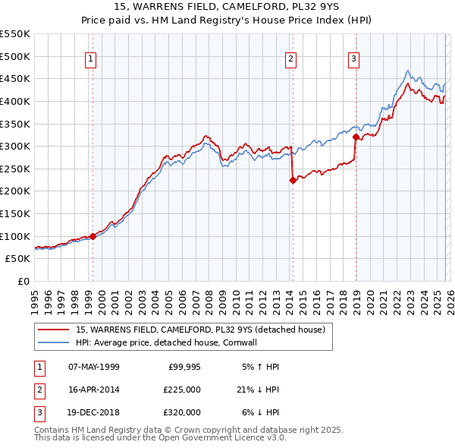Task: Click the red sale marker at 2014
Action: point(293,180)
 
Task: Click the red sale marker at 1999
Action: point(93,236)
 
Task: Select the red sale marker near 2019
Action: point(356,137)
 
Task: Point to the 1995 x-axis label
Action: point(35,301)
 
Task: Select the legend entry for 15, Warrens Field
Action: point(200,330)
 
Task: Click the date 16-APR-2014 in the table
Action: point(93,390)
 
